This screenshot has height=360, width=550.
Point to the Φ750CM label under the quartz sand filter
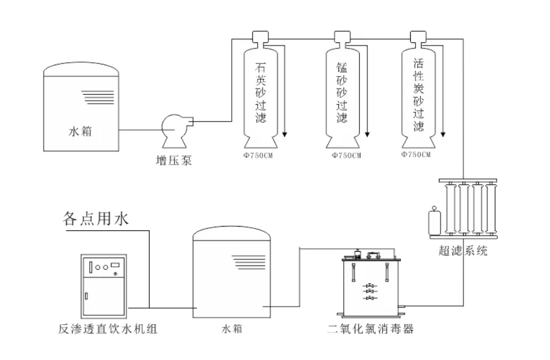click(x=259, y=155)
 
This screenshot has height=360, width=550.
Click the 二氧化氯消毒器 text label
click(x=371, y=328)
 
